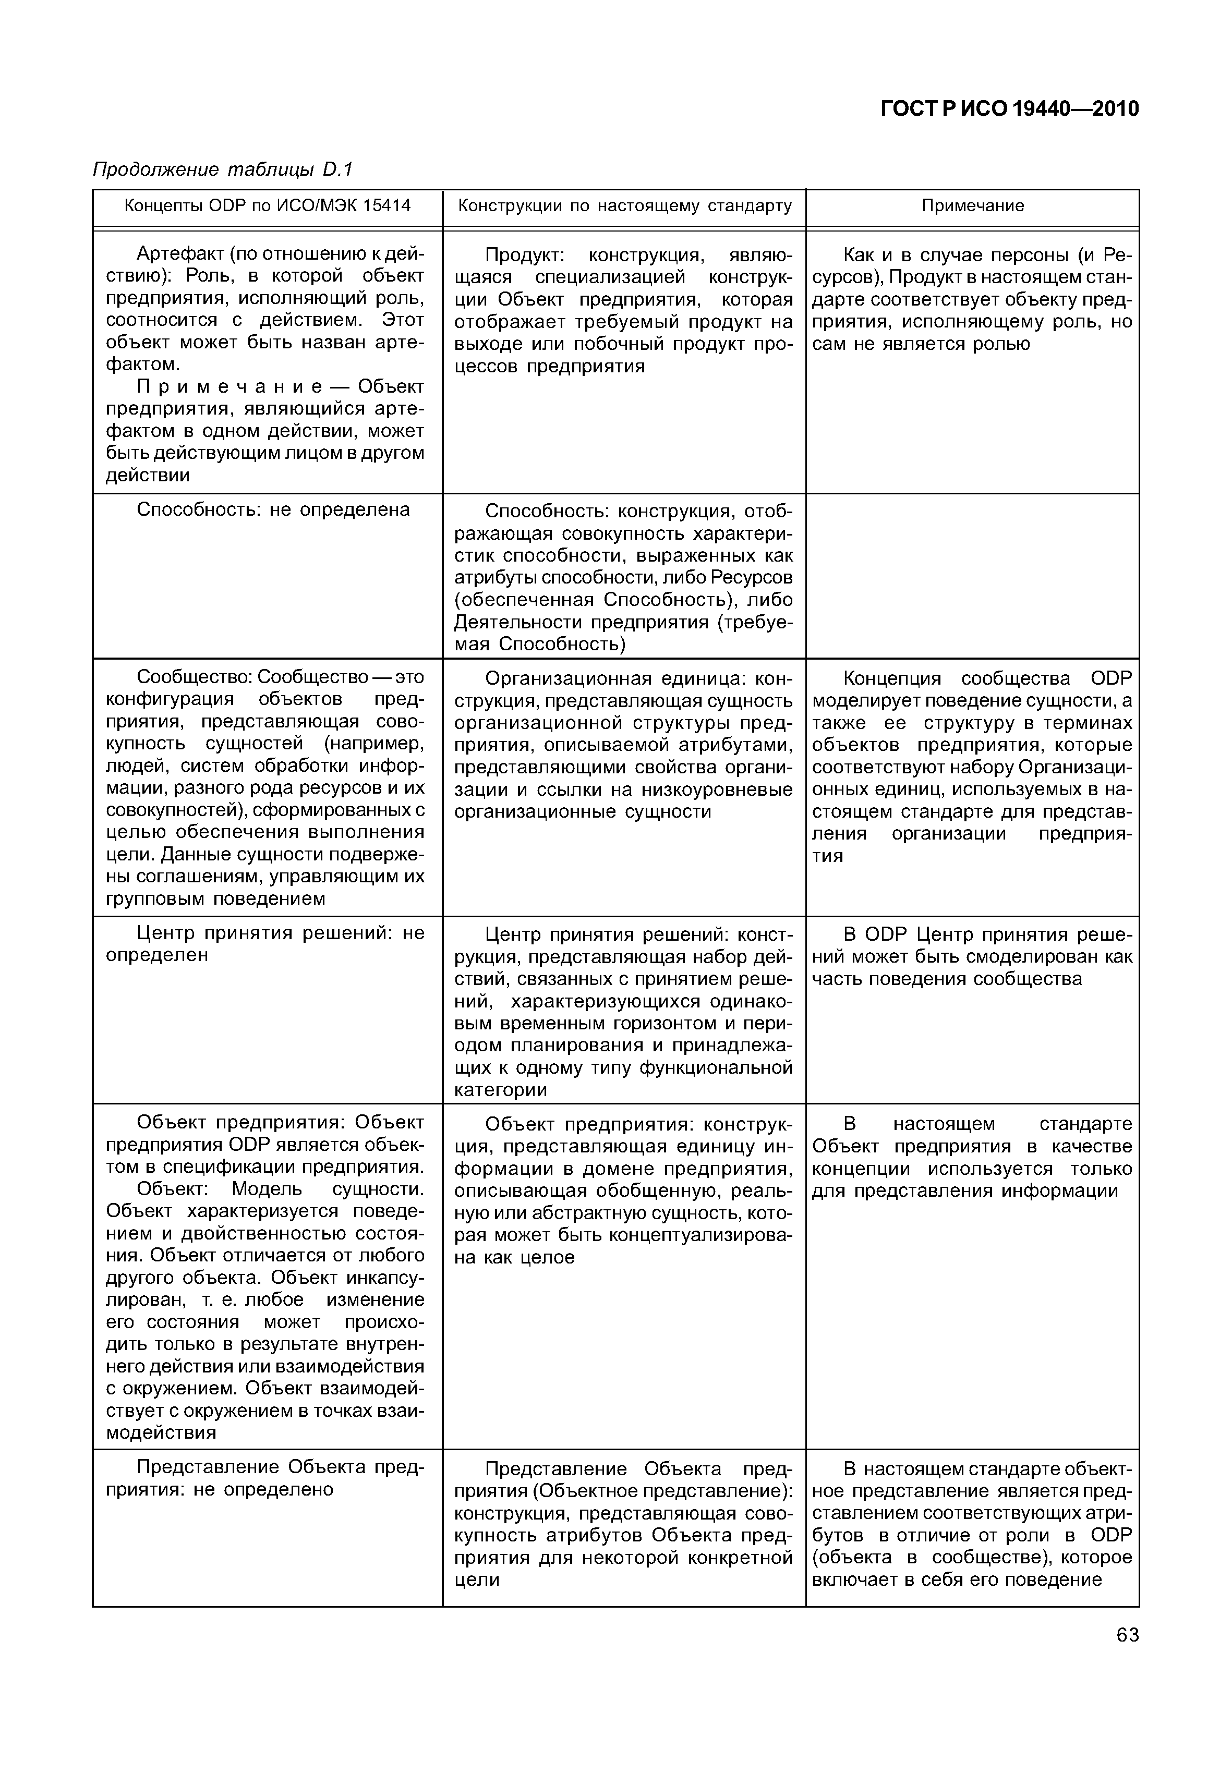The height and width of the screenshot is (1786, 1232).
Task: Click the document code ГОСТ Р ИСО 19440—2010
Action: pyautogui.click(x=1010, y=109)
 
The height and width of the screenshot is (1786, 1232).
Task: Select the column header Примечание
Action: pyautogui.click(x=973, y=205)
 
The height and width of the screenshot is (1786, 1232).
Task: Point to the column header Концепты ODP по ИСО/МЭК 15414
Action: pyautogui.click(x=268, y=205)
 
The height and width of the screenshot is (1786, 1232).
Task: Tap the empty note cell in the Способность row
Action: pyautogui.click(x=973, y=576)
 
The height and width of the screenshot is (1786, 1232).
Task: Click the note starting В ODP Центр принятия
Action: pyautogui.click(x=973, y=957)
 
